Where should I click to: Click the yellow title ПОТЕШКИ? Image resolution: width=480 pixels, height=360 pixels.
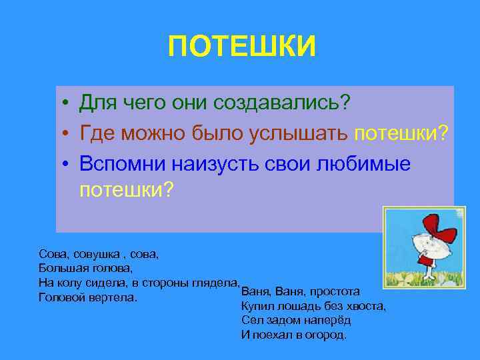pos(241,47)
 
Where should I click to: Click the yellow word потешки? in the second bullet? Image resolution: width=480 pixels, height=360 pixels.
pos(401,133)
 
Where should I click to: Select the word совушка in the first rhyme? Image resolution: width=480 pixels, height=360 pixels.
pos(87,255)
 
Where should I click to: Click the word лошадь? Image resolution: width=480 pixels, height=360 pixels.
pos(293,306)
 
